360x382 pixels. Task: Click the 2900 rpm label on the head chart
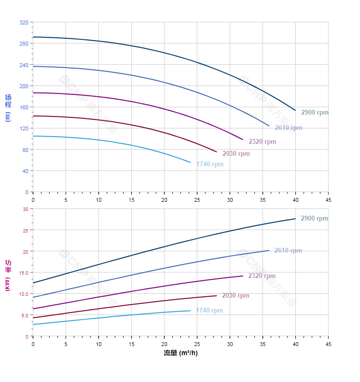(x=315, y=113)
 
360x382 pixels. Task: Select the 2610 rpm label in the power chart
(x=288, y=251)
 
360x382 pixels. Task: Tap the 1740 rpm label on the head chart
(x=210, y=164)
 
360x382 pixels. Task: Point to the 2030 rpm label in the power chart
(x=236, y=296)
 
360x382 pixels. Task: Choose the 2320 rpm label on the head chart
(x=262, y=142)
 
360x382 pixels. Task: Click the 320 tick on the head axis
(x=24, y=23)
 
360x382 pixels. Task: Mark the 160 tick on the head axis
(x=24, y=107)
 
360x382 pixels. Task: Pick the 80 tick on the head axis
(x=25, y=150)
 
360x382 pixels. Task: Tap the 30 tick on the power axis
(x=25, y=209)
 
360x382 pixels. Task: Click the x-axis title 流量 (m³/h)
(x=180, y=353)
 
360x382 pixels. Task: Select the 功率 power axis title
(x=8, y=275)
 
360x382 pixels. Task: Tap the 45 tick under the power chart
(x=328, y=344)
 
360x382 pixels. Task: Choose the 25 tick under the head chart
(x=197, y=199)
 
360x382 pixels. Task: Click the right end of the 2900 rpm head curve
(x=295, y=111)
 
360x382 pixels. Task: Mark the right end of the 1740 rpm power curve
(x=191, y=311)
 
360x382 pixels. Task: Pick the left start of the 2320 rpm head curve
(x=33, y=93)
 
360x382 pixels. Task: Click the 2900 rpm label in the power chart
(x=314, y=219)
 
